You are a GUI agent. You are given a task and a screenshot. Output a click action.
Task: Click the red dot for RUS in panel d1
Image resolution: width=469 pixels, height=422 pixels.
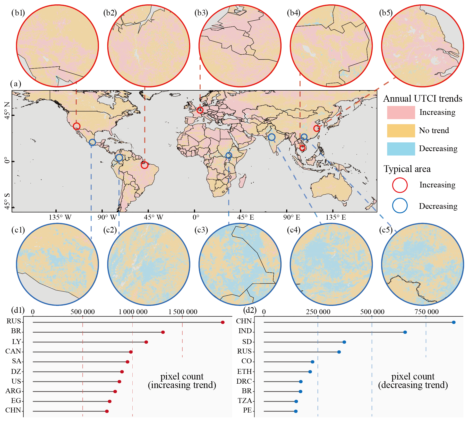pyautogui.click(x=223, y=322)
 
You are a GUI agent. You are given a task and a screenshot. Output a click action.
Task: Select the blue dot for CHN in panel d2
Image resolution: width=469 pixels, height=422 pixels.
pyautogui.click(x=454, y=322)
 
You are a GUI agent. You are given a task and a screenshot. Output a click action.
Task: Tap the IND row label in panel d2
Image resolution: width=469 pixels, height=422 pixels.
pyautogui.click(x=245, y=331)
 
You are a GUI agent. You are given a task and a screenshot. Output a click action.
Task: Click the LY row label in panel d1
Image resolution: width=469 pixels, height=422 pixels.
pyautogui.click(x=16, y=342)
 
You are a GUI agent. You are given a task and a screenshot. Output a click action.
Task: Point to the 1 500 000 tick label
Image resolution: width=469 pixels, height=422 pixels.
pyautogui.click(x=183, y=312)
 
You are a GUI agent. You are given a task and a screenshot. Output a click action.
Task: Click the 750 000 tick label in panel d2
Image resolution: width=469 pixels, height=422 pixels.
pyautogui.click(x=426, y=312)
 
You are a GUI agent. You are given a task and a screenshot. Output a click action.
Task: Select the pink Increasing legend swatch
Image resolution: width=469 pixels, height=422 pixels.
pyautogui.click(x=401, y=113)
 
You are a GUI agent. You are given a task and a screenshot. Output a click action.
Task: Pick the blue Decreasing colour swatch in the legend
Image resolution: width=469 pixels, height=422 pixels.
pyautogui.click(x=401, y=149)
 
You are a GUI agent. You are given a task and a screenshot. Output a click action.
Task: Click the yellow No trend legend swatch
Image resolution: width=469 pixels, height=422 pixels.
pyautogui.click(x=401, y=131)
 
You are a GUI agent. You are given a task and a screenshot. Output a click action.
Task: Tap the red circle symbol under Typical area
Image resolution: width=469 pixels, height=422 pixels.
pyautogui.click(x=400, y=185)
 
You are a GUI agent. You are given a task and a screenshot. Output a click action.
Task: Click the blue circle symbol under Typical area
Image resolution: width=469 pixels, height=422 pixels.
pyautogui.click(x=400, y=206)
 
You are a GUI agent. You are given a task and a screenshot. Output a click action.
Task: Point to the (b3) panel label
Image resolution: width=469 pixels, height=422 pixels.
pyautogui.click(x=201, y=13)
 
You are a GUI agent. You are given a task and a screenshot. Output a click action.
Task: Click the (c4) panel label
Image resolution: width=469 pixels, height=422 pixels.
pyautogui.click(x=294, y=230)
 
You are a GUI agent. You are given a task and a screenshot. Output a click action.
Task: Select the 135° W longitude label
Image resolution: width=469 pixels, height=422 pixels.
pyautogui.click(x=60, y=217)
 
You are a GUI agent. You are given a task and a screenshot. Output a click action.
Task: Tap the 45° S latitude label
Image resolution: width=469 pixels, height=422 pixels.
pyautogui.click(x=7, y=201)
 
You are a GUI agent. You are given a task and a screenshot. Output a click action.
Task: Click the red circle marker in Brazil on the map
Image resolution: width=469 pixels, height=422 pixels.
pyautogui.click(x=144, y=165)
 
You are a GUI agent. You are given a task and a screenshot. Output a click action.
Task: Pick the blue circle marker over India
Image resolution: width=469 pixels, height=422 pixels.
pyautogui.click(x=271, y=137)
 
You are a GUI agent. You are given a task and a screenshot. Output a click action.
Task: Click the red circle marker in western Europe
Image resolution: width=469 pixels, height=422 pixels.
pyautogui.click(x=200, y=110)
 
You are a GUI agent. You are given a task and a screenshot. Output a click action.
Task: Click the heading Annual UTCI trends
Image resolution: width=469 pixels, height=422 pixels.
pyautogui.click(x=423, y=99)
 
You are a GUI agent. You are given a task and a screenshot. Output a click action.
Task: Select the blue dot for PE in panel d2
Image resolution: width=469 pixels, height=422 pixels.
pyautogui.click(x=296, y=411)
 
